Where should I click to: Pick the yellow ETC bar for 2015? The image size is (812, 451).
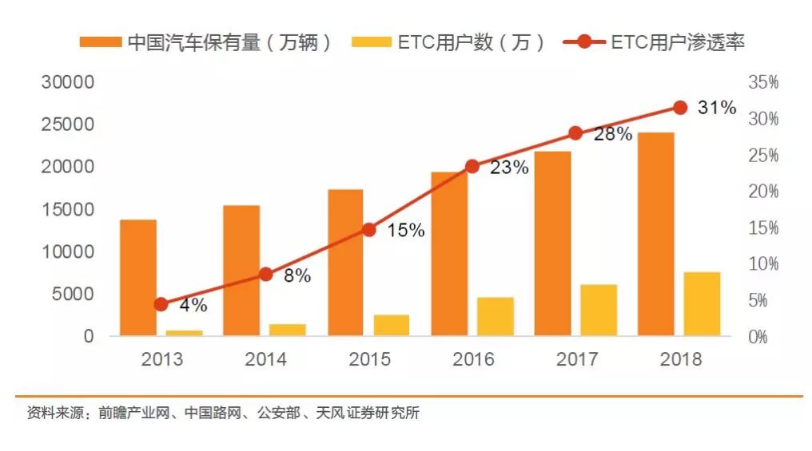(x=392, y=325)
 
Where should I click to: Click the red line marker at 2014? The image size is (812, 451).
(x=266, y=275)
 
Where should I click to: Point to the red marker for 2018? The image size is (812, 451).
(x=680, y=107)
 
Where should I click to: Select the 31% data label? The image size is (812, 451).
(x=716, y=108)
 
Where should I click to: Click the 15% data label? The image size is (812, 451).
(x=406, y=231)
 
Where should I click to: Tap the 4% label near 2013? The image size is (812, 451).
(x=193, y=305)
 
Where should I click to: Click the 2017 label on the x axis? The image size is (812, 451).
(x=576, y=359)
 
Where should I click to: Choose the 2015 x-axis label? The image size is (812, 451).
(x=369, y=359)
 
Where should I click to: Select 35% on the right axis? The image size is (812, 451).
(x=762, y=82)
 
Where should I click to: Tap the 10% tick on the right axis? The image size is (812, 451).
(x=762, y=264)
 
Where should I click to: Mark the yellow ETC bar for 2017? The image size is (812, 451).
(x=599, y=310)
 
